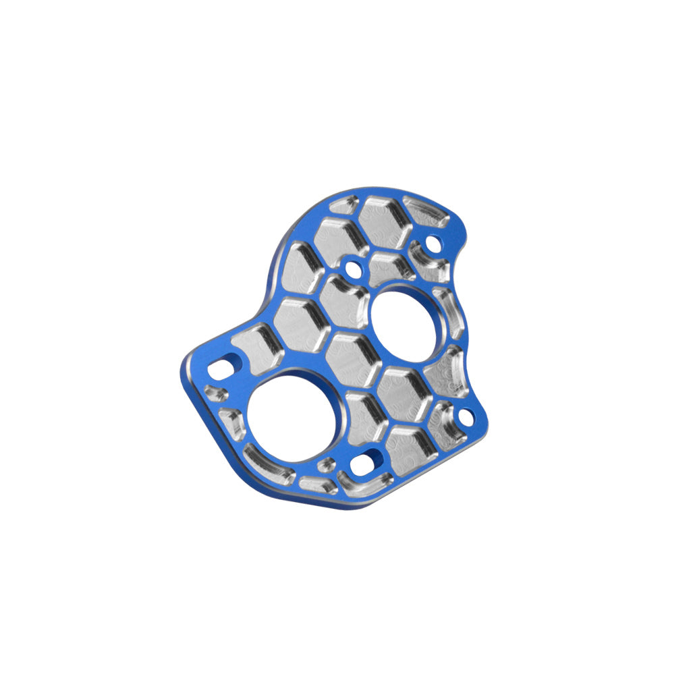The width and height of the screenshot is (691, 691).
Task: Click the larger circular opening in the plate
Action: pos(291,418)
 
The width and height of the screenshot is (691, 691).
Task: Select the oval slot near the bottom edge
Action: pos(366,464)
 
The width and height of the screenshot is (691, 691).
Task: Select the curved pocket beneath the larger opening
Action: pos(269,467)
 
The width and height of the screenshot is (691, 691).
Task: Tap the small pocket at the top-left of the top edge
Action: pos(344,205)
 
